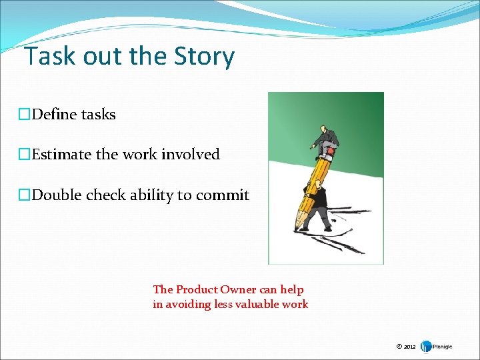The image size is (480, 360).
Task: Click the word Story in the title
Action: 207,57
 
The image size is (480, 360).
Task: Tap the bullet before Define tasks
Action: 25,115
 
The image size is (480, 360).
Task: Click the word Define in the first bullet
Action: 54,115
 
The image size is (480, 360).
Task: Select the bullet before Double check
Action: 25,195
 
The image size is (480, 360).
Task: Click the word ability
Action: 151,195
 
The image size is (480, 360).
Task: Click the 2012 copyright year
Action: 409,347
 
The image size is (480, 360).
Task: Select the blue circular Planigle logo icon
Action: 425,346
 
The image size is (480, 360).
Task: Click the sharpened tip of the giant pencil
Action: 298,228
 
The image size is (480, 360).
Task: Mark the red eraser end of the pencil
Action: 331,152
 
